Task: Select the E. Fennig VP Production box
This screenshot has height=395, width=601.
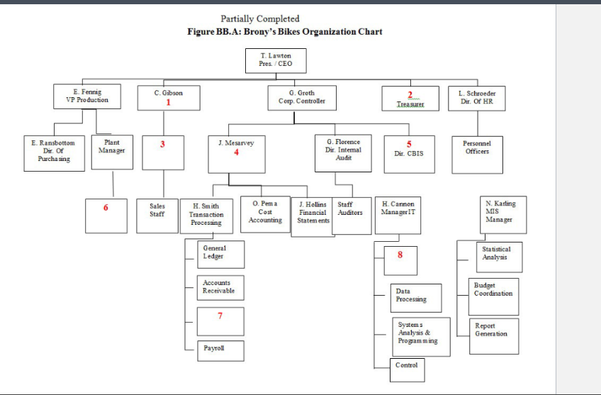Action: point(86,96)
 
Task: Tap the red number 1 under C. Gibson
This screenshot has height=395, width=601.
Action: point(168,102)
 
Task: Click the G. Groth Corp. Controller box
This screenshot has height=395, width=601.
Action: point(302,96)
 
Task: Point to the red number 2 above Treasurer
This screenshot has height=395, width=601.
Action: point(410,95)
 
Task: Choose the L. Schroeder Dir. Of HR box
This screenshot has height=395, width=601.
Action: point(481,96)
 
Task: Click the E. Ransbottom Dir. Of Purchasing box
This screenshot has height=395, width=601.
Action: point(54,151)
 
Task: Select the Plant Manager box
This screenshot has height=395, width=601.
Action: point(112,151)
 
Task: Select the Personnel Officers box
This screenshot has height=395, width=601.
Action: point(477,154)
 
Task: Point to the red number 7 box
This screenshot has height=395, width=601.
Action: point(220,316)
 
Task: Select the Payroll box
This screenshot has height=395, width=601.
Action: point(220,350)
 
